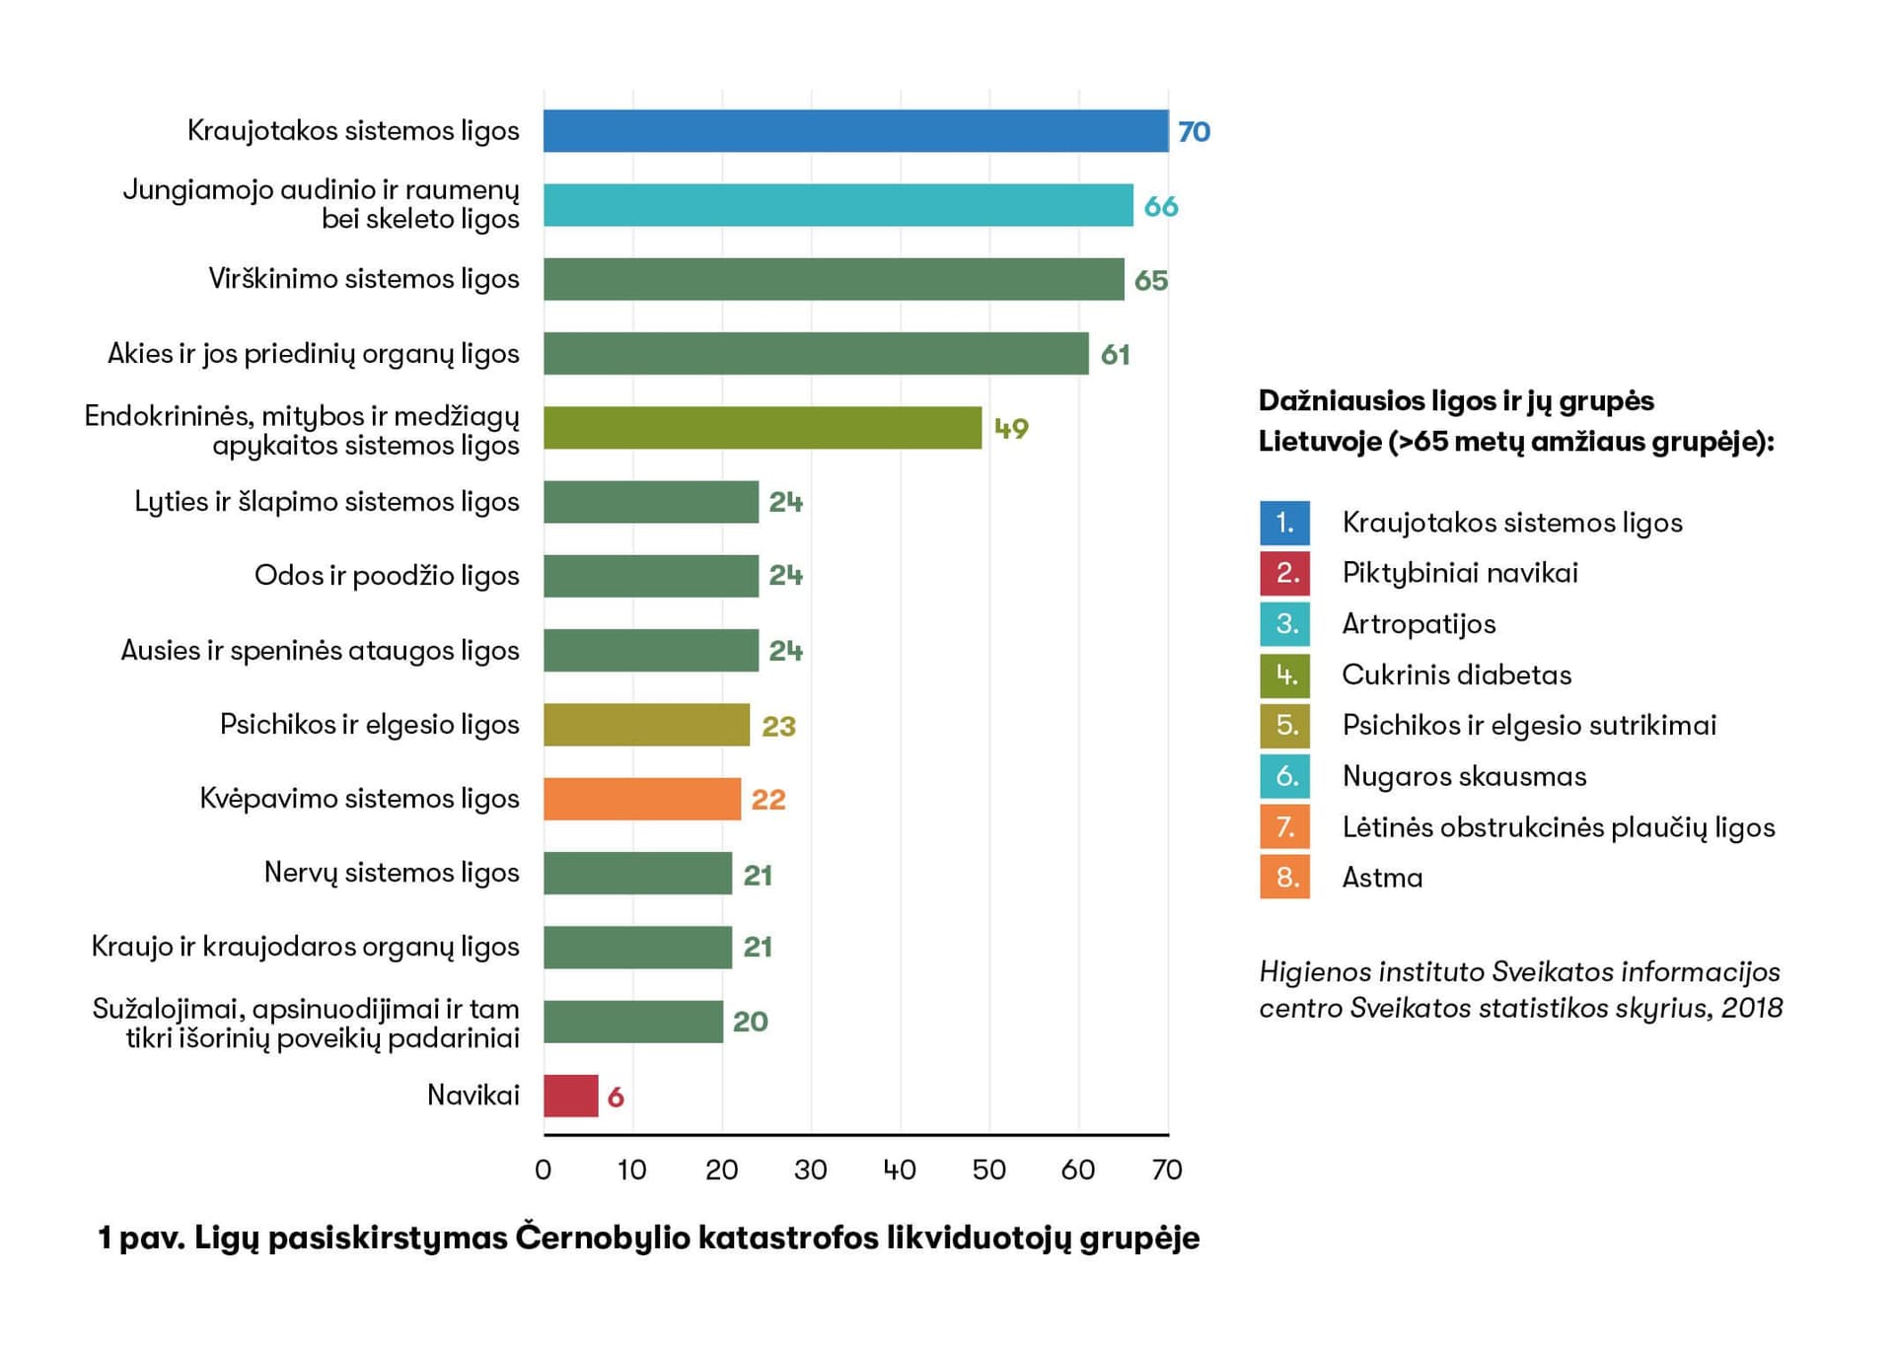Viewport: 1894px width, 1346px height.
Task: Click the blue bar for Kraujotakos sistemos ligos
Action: (855, 131)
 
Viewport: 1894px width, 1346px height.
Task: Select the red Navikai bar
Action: (570, 1096)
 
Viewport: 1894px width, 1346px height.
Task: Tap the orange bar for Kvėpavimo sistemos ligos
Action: (641, 799)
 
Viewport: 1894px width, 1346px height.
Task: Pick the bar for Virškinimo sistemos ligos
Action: (834, 279)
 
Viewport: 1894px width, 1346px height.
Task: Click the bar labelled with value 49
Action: (762, 428)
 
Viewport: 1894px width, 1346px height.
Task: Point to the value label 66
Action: (1160, 206)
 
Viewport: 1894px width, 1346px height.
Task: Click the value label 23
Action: (778, 727)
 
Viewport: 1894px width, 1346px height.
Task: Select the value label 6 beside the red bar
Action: (616, 1097)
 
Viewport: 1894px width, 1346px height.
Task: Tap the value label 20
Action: (750, 1022)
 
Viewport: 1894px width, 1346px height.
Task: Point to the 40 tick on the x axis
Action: (900, 1170)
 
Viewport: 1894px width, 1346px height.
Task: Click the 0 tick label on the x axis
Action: (544, 1170)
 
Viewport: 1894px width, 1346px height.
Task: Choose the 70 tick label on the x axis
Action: (1167, 1170)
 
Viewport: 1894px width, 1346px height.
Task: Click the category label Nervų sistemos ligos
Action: (392, 873)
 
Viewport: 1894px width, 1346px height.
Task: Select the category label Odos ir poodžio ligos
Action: (387, 576)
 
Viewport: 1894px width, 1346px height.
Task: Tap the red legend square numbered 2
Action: (1284, 573)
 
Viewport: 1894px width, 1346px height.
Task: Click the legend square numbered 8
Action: (1284, 877)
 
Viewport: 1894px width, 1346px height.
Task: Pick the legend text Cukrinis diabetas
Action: (1456, 675)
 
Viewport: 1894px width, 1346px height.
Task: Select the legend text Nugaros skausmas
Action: (1464, 777)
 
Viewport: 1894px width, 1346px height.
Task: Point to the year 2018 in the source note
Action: (1752, 1008)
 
